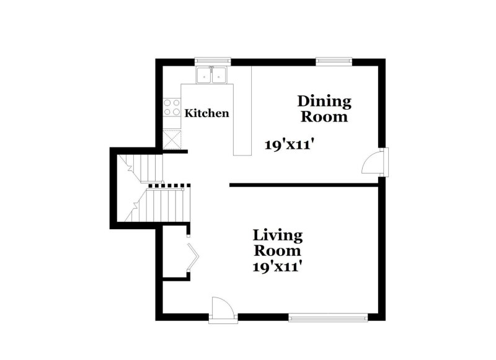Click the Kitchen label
[x=208, y=113]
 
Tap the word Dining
[x=324, y=100]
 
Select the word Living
[x=277, y=235]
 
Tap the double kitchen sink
[x=212, y=76]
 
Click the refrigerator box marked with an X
[x=171, y=138]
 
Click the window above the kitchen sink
[x=213, y=61]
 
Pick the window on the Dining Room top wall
[x=334, y=61]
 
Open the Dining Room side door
[x=372, y=163]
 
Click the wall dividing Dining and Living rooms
[x=304, y=185]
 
